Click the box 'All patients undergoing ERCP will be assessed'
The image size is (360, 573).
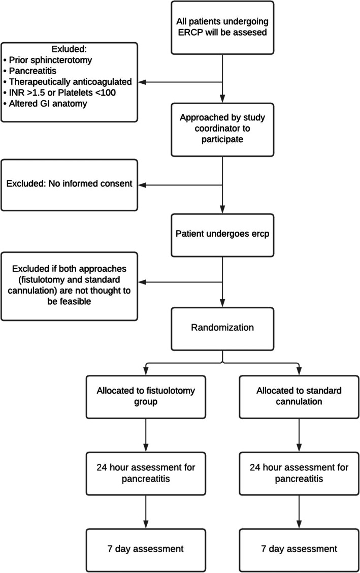pyautogui.click(x=222, y=27)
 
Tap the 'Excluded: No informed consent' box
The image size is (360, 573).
pyautogui.click(x=69, y=184)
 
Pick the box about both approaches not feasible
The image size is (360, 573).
pyautogui.click(x=69, y=285)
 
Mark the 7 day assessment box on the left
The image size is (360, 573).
pyautogui.click(x=146, y=549)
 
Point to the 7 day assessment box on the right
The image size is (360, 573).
pyautogui.click(x=298, y=549)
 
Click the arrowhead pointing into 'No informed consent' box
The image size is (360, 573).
pyautogui.click(x=142, y=184)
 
